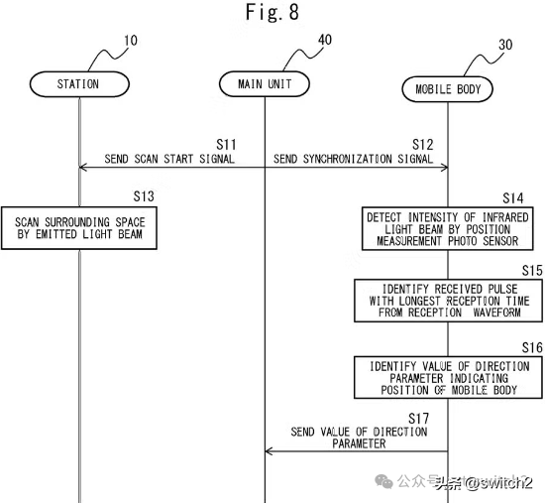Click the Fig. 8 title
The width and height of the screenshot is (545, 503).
[x=272, y=12]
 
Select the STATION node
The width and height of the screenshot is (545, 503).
[x=79, y=84]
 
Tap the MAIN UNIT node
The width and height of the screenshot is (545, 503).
[x=265, y=84]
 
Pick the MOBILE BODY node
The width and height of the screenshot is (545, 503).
[x=447, y=89]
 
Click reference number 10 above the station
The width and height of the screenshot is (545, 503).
[x=131, y=41]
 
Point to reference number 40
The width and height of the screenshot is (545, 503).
[x=325, y=40]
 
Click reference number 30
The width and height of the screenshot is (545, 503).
[x=505, y=45]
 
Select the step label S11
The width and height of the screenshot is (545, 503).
[x=226, y=145]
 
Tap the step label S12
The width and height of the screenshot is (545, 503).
[x=423, y=145]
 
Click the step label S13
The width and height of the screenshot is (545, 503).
[x=144, y=196]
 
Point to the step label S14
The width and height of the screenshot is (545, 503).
[x=513, y=198]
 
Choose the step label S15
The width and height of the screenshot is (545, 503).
[x=532, y=271]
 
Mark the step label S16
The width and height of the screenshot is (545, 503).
[x=532, y=347]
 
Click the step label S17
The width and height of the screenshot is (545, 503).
[x=418, y=419]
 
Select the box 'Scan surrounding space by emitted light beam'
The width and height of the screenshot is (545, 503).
[x=79, y=228]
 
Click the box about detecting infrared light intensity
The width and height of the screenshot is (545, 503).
[x=447, y=229]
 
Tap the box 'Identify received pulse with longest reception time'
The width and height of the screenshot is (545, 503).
[x=448, y=301]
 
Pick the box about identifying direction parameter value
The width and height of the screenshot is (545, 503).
[x=448, y=377]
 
